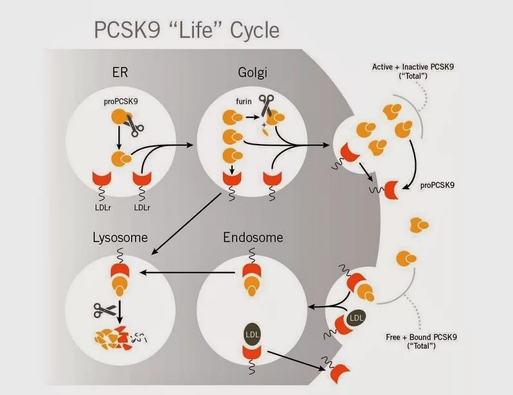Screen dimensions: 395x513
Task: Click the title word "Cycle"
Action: (x=248, y=30)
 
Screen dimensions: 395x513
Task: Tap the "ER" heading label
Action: (x=120, y=72)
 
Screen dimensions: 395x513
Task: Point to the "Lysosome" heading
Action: (x=120, y=237)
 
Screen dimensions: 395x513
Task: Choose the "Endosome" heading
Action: (x=253, y=237)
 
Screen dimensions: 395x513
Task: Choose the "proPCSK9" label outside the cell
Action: (x=438, y=185)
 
